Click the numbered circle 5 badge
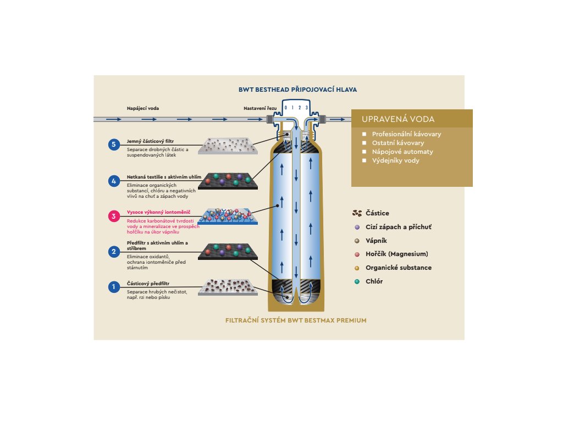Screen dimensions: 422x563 [114, 145]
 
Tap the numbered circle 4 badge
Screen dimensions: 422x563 [114, 180]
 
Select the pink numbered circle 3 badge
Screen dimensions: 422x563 [114, 216]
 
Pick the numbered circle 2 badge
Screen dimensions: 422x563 [114, 252]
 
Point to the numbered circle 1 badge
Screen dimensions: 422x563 [114, 287]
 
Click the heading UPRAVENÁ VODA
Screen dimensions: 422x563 [398, 119]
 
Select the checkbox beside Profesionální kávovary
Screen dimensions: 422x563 [364, 134]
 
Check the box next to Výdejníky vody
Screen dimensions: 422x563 [364, 160]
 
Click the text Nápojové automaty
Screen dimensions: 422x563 [402, 152]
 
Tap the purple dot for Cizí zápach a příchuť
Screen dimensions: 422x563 [357, 227]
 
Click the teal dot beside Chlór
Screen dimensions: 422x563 [357, 281]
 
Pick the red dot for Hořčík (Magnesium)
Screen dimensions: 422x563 [357, 254]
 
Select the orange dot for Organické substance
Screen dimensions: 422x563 [357, 268]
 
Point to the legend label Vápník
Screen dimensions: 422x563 [378, 241]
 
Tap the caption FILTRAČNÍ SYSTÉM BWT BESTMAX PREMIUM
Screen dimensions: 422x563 [296, 320]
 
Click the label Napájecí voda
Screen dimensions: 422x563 [143, 108]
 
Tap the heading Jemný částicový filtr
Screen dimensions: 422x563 [150, 141]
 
